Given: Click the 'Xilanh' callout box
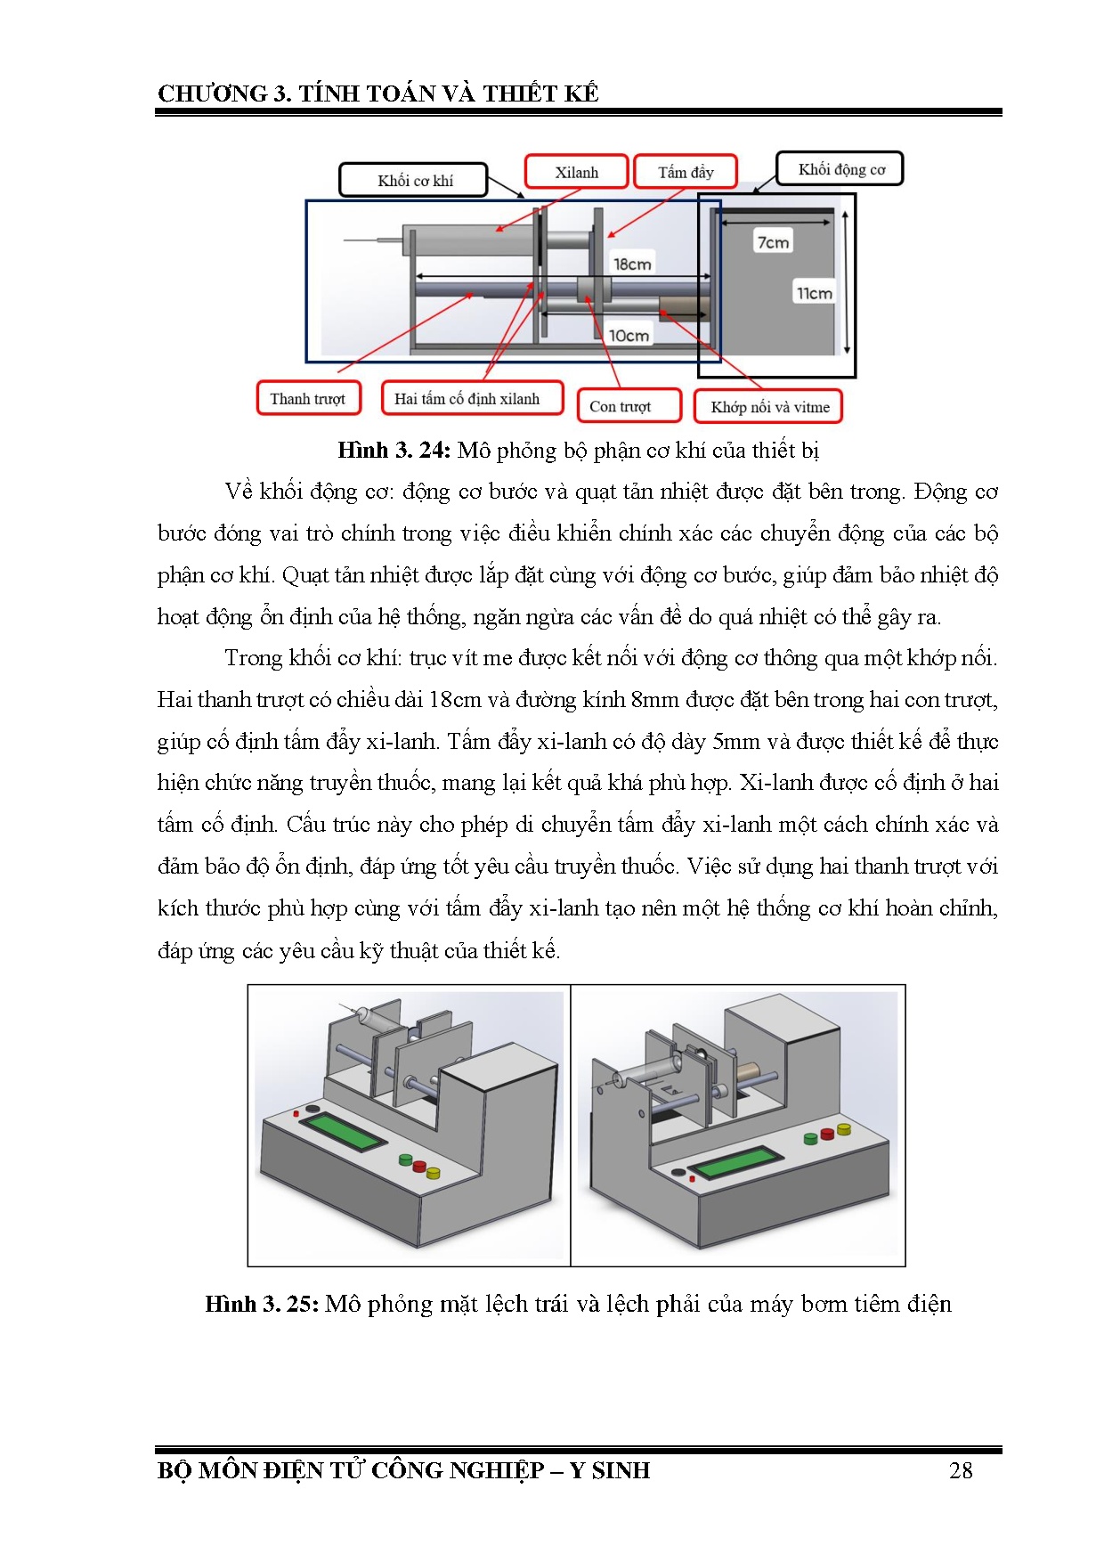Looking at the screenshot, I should click(577, 172).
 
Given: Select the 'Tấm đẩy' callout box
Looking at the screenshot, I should click(686, 172).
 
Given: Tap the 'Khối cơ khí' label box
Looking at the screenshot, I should click(414, 180).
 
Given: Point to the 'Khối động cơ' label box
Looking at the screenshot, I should click(840, 169).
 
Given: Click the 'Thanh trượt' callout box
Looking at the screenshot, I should click(308, 398).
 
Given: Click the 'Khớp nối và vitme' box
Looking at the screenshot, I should click(769, 407).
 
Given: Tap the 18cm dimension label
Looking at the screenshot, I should click(632, 264).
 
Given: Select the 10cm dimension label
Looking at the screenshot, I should click(629, 336).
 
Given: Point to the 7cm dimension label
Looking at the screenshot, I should click(773, 242).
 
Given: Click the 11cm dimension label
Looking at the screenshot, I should click(815, 293).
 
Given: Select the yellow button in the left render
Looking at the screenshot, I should click(434, 1173).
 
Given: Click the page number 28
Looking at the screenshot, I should click(961, 1470).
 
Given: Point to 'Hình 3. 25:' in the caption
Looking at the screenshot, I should click(262, 1305).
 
